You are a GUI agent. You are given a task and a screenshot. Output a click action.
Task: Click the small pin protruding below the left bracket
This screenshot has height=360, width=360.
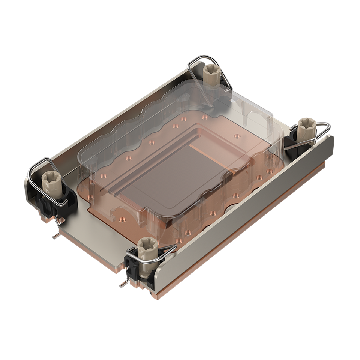click(55, 234)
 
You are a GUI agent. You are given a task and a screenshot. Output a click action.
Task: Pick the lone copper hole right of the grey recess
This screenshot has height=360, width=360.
click(237, 136)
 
